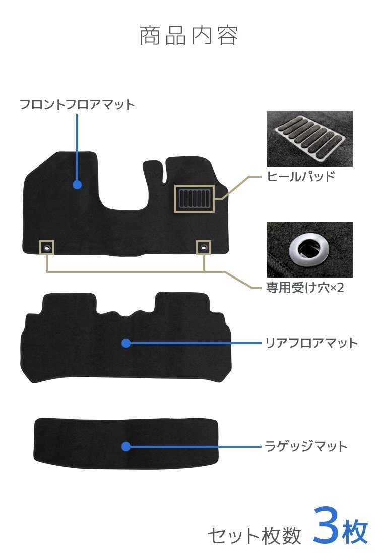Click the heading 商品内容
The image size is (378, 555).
click(x=188, y=36)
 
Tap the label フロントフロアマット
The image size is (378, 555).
click(x=77, y=105)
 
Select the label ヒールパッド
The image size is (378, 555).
click(x=300, y=176)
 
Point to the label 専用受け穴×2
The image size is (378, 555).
click(x=305, y=289)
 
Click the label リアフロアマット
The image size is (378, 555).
click(x=311, y=343)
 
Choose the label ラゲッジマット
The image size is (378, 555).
click(x=306, y=447)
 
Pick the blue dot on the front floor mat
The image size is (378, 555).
click(x=77, y=185)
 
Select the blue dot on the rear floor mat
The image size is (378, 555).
click(x=126, y=343)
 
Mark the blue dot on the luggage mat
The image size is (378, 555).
click(x=126, y=447)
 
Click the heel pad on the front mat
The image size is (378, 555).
click(x=195, y=198)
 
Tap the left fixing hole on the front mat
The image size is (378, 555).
click(x=46, y=247)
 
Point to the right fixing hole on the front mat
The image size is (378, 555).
click(x=204, y=247)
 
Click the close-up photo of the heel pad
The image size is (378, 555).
click(x=309, y=138)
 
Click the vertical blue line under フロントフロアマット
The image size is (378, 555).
click(x=77, y=146)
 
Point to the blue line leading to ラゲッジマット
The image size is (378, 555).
click(x=197, y=447)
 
